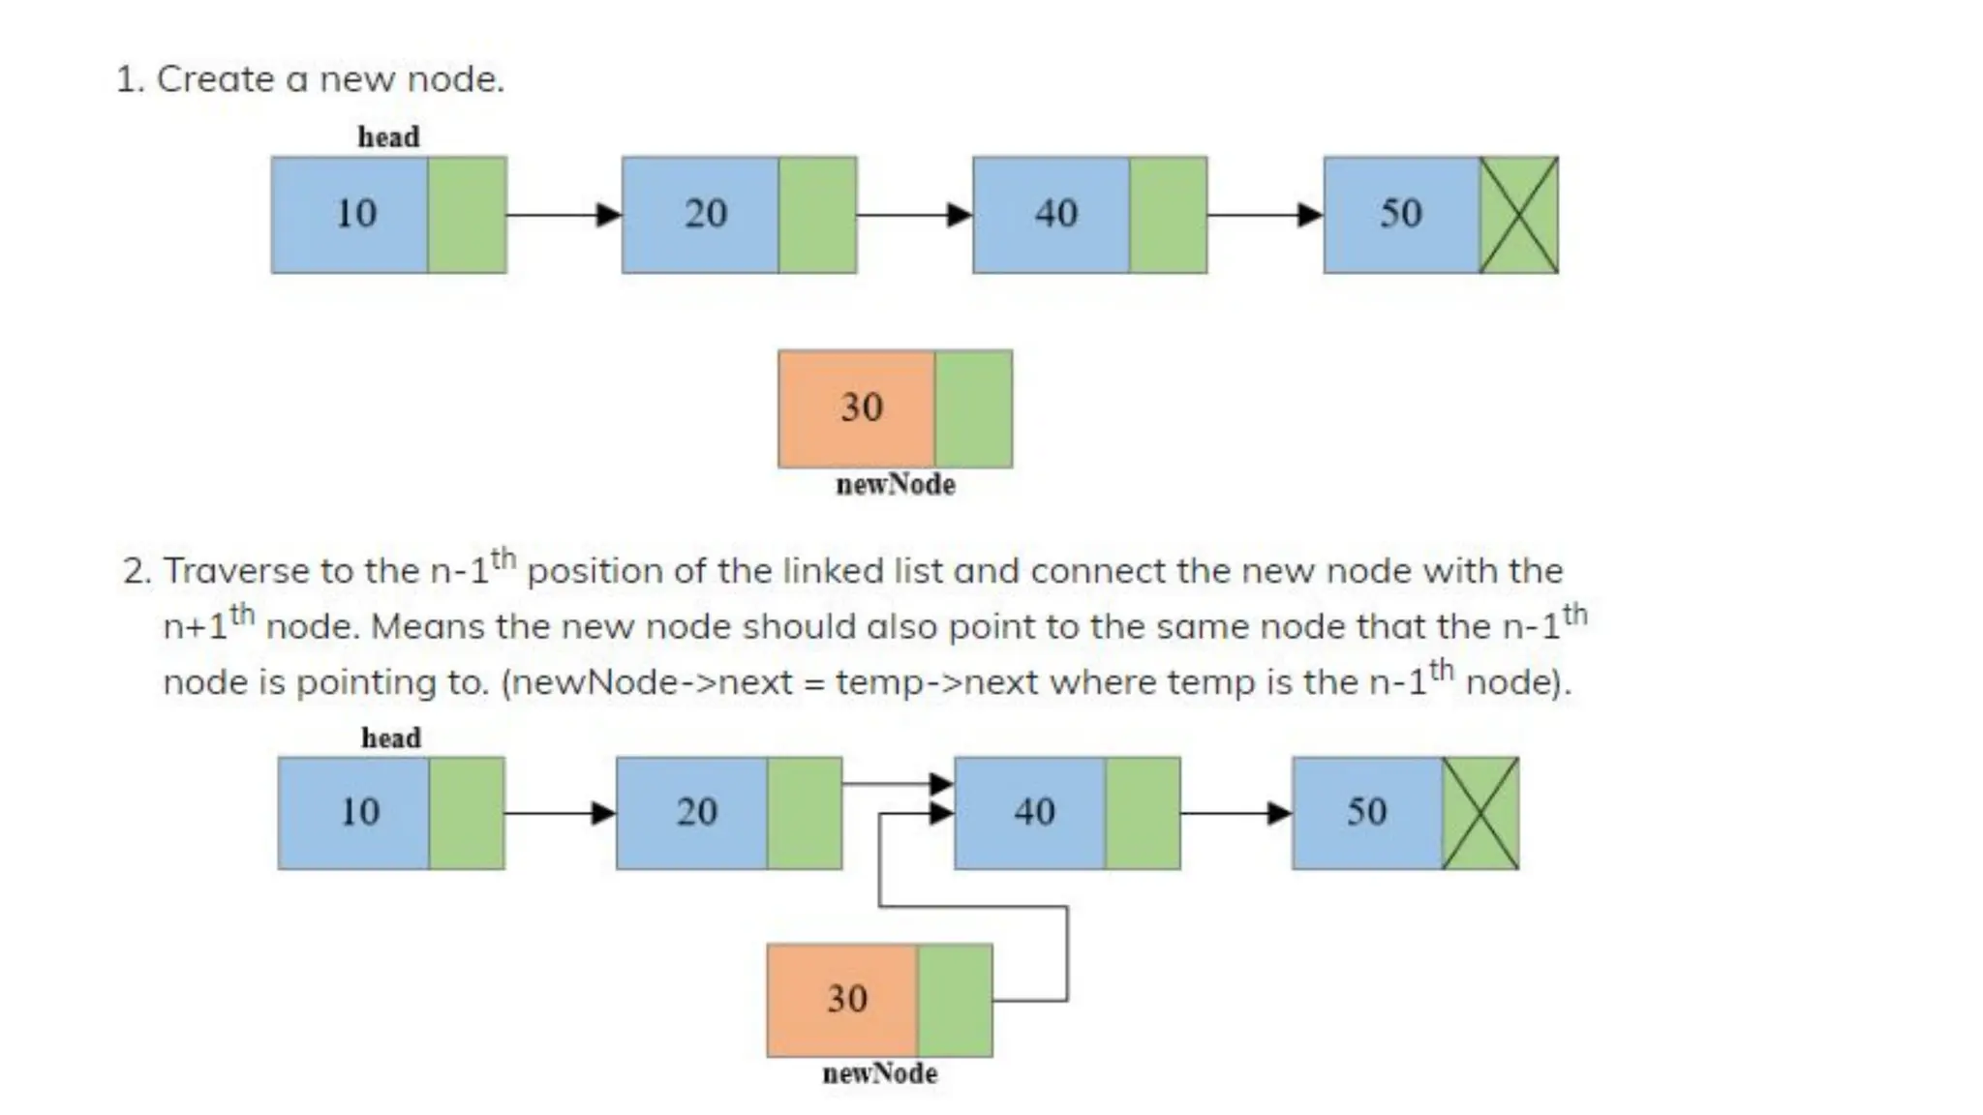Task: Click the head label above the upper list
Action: [x=388, y=137]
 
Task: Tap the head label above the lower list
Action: [x=391, y=738]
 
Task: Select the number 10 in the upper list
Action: [x=355, y=214]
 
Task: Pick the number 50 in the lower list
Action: [x=1366, y=812]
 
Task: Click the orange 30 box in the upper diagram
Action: [x=857, y=408]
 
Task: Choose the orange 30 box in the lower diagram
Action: [x=842, y=1000]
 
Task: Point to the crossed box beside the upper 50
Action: [x=1519, y=215]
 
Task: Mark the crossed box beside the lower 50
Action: [x=1480, y=813]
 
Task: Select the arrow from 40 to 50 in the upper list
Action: [x=1265, y=214]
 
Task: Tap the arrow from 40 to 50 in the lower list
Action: [x=1236, y=813]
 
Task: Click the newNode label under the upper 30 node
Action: [x=896, y=485]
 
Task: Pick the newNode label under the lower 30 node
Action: [x=880, y=1073]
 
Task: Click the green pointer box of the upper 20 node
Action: [x=818, y=215]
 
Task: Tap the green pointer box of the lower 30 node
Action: [x=955, y=1000]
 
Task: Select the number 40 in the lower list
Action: [x=1034, y=812]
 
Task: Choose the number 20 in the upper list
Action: [x=706, y=214]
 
